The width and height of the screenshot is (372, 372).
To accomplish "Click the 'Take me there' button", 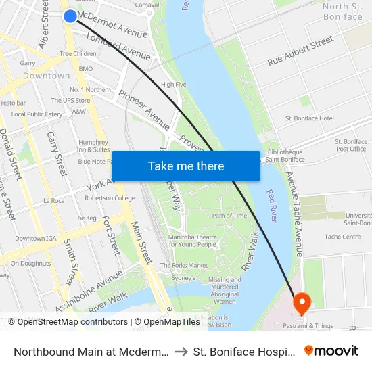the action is pos(185,166).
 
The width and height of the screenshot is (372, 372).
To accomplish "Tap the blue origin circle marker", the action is pos(70,16).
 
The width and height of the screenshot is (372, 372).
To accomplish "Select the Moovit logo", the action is pos(331,350).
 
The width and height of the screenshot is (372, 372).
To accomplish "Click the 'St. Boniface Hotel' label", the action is pos(310,118).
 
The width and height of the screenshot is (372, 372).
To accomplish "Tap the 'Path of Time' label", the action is pos(230,216).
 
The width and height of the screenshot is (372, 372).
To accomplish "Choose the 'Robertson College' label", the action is pos(110,198).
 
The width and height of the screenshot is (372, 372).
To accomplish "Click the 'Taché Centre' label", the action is pos(342,237).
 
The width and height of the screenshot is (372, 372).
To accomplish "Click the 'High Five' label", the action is pos(173,85).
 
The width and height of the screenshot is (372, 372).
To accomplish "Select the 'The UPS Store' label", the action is pos(70,101).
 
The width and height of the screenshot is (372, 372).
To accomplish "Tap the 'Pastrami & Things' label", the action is pos(310,325).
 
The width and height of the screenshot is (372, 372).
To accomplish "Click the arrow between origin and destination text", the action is pos(181,351).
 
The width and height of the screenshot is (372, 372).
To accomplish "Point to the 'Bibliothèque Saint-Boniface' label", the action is pos(285,156).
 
